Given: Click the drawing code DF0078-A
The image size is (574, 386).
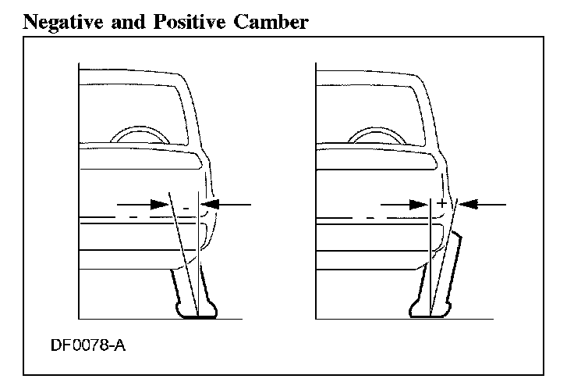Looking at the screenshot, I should coord(85,344).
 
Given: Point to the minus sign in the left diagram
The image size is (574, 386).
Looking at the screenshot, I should coord(186,208).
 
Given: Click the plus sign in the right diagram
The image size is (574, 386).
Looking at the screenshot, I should coord(442,203).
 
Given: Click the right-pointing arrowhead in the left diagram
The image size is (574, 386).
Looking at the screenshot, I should coord(161,204).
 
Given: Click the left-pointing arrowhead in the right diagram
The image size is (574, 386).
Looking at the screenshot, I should coord(467,204).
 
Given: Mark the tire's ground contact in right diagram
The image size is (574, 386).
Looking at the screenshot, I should coord(429,316).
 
